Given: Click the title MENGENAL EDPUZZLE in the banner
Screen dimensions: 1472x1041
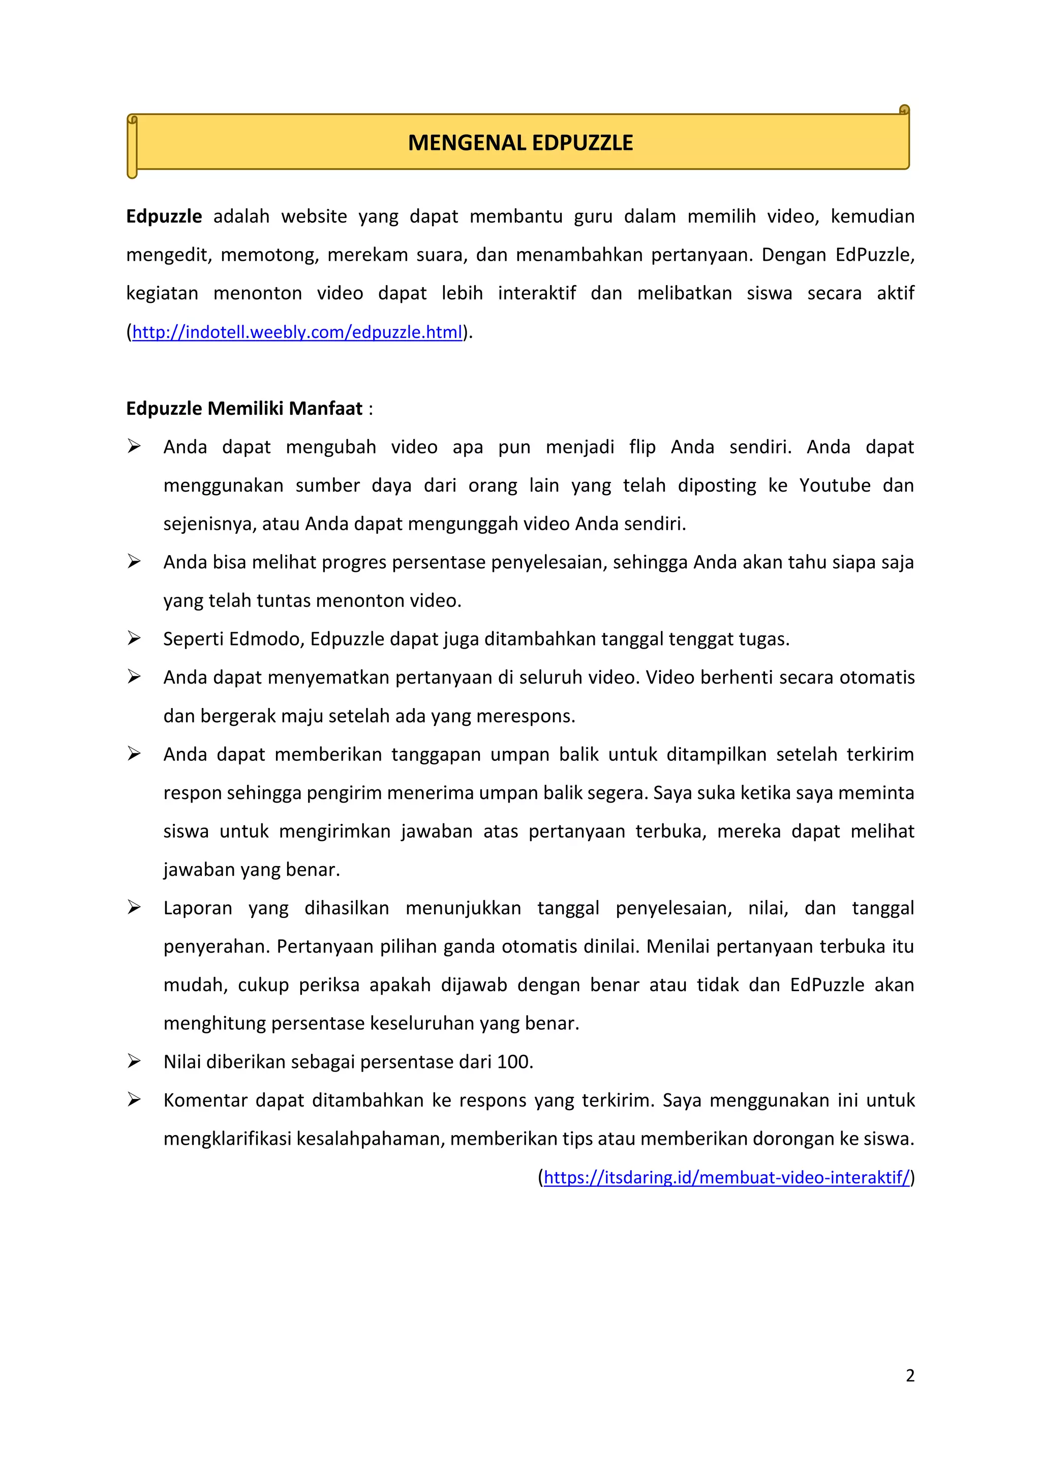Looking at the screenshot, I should point(520,142).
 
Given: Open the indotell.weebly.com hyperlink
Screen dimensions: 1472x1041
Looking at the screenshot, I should point(297,332).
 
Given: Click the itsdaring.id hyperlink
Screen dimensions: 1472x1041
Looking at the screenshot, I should point(726,1177).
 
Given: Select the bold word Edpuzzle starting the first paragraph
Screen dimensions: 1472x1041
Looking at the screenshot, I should point(164,217).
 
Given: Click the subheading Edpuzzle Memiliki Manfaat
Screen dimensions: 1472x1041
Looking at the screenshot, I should point(244,408).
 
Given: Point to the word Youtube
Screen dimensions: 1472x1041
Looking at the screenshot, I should point(835,485).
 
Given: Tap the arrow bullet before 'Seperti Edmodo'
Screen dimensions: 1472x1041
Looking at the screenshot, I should point(134,638).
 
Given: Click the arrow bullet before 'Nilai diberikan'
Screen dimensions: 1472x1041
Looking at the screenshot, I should point(134,1061).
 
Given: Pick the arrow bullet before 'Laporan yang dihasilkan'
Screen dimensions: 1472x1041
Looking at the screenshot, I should point(134,907).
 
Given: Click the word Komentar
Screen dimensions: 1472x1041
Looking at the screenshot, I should point(205,1100).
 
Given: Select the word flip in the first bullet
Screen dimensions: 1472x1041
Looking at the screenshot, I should point(642,447).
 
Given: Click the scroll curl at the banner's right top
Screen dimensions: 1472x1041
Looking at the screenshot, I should point(904,110).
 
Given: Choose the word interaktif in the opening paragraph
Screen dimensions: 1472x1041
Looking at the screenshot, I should point(537,294).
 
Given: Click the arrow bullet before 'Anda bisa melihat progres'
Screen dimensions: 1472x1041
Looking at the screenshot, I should point(134,562).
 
